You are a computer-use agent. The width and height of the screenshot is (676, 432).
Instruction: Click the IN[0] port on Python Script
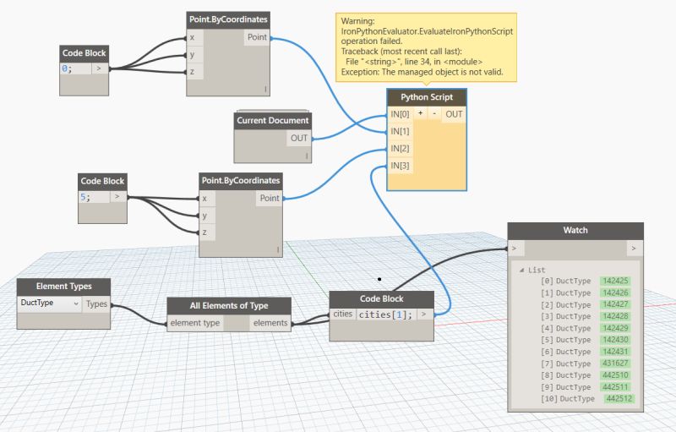pos(400,114)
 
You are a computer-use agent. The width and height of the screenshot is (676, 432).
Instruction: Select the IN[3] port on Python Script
pos(400,166)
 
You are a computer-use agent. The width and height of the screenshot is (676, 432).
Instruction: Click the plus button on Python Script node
pos(420,114)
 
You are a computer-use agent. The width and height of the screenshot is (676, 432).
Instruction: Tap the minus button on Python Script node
pos(433,114)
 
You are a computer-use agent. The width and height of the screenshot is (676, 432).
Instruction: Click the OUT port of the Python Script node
pos(454,114)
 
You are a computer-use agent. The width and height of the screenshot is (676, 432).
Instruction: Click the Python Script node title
pos(426,97)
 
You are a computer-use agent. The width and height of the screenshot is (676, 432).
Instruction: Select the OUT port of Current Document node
pos(299,138)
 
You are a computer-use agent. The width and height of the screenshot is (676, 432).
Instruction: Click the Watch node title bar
pos(575,231)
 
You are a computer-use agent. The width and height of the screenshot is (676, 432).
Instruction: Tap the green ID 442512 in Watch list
pos(619,398)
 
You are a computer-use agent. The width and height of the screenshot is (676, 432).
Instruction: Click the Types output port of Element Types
pos(96,303)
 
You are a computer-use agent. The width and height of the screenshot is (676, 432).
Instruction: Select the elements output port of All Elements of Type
pos(270,322)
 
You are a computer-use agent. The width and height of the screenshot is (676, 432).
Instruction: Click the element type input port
pos(195,322)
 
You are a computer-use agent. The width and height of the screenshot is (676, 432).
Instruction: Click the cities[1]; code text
pos(385,315)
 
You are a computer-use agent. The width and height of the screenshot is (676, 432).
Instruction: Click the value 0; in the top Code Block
pos(67,68)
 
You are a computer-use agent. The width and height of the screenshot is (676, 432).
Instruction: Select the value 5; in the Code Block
pos(85,196)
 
